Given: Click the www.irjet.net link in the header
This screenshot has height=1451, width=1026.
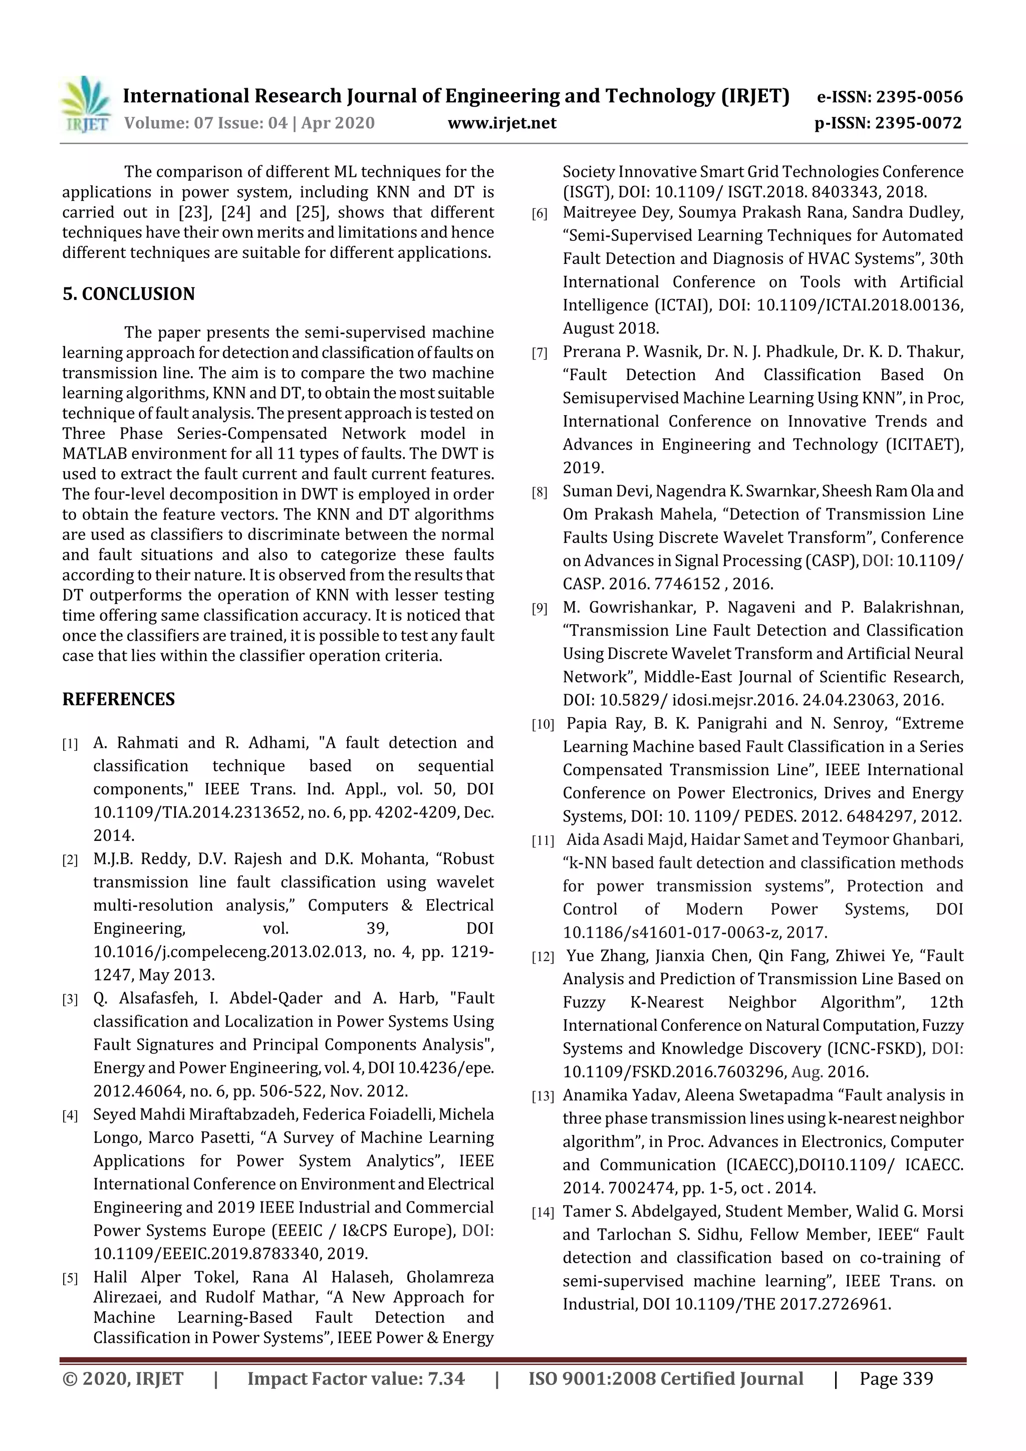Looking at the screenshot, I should pos(501,123).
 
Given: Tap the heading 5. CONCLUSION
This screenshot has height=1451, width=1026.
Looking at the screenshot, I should pos(128,294).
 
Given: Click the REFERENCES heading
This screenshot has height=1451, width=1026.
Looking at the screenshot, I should pos(118,699).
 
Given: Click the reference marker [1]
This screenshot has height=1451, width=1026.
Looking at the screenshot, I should pos(70,744).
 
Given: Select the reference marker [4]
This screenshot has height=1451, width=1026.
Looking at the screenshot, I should pos(70,1116).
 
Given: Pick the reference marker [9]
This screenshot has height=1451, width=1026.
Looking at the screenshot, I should pos(539,609).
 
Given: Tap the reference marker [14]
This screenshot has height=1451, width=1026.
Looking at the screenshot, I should pos(542,1213).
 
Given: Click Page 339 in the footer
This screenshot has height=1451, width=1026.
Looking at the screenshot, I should pos(896,1378).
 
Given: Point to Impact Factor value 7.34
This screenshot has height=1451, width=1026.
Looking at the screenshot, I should pos(355,1378).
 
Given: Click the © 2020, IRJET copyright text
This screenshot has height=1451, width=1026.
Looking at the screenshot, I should pos(123,1378).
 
